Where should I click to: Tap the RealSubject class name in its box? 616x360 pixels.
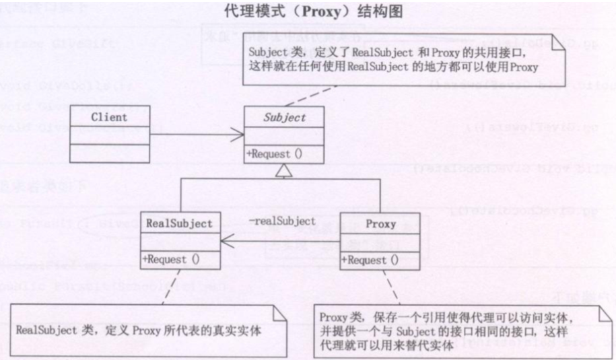pos(179,223)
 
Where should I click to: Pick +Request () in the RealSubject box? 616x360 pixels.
pos(172,258)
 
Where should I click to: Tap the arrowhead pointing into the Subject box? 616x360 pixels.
pos(239,135)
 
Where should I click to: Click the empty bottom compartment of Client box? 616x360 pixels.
pos(108,147)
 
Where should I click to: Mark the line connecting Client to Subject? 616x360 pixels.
pos(195,135)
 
